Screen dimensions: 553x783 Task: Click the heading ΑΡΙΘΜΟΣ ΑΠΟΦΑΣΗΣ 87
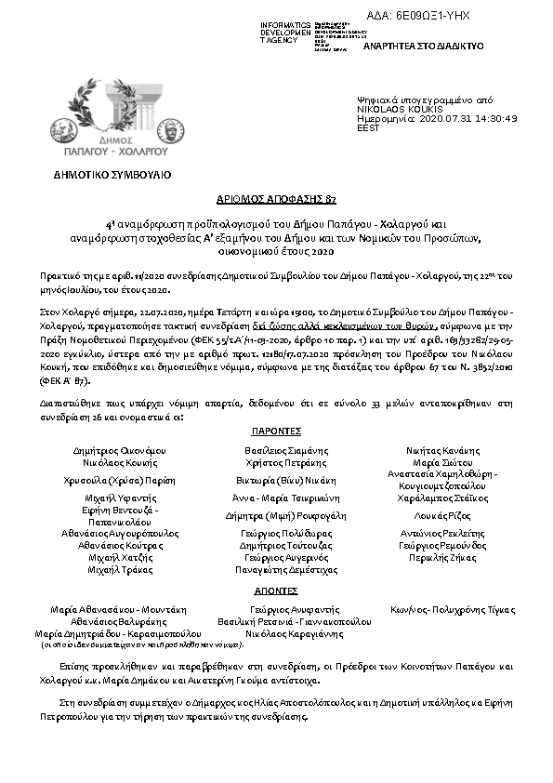click(x=275, y=201)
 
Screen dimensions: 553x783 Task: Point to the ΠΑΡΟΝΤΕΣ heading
click(x=275, y=432)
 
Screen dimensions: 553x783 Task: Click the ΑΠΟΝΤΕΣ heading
click(x=275, y=591)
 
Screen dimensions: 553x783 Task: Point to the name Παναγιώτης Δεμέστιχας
click(x=286, y=569)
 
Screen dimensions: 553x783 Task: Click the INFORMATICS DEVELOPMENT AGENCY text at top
click(x=286, y=32)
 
